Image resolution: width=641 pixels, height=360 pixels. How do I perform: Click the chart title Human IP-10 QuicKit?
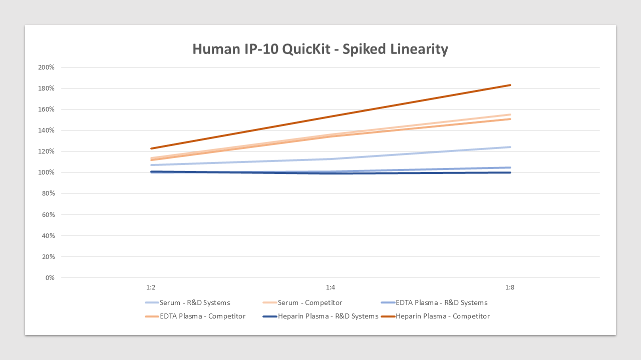pyautogui.click(x=320, y=49)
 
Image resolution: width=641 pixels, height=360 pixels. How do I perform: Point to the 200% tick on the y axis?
pyautogui.click(x=47, y=67)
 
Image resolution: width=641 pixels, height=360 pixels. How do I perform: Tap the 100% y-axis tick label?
pyautogui.click(x=47, y=172)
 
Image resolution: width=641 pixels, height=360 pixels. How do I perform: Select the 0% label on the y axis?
pyautogui.click(x=50, y=277)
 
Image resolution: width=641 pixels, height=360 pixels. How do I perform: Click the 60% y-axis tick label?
pyautogui.click(x=48, y=214)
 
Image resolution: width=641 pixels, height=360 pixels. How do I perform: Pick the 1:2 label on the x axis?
pyautogui.click(x=151, y=287)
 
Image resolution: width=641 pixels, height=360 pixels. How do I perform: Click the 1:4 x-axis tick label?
pyautogui.click(x=331, y=287)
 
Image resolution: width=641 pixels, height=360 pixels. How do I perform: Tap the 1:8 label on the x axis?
pyautogui.click(x=510, y=287)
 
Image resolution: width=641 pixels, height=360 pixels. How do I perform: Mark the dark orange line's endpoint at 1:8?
pyautogui.click(x=510, y=85)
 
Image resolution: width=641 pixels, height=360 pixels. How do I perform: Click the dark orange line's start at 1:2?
pyautogui.click(x=151, y=148)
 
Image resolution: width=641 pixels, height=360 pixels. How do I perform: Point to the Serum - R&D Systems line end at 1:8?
pyautogui.click(x=510, y=147)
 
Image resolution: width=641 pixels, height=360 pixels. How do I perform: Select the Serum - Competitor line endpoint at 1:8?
pyautogui.click(x=510, y=114)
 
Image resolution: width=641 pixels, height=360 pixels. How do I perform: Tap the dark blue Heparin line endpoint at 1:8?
pyautogui.click(x=510, y=172)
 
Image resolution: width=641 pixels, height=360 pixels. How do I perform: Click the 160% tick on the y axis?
pyautogui.click(x=47, y=109)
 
